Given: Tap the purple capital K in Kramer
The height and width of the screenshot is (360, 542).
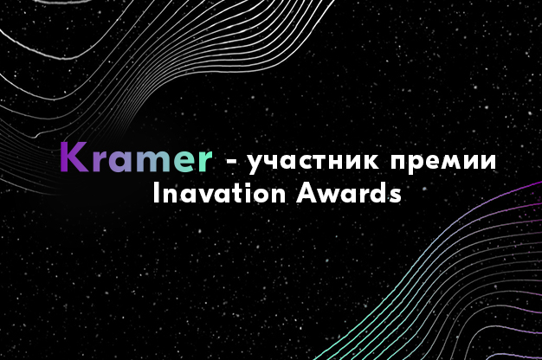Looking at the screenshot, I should (70, 157).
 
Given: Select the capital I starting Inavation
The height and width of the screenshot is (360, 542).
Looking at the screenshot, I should (156, 192).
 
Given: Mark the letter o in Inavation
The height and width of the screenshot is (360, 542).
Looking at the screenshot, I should (252, 195).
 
